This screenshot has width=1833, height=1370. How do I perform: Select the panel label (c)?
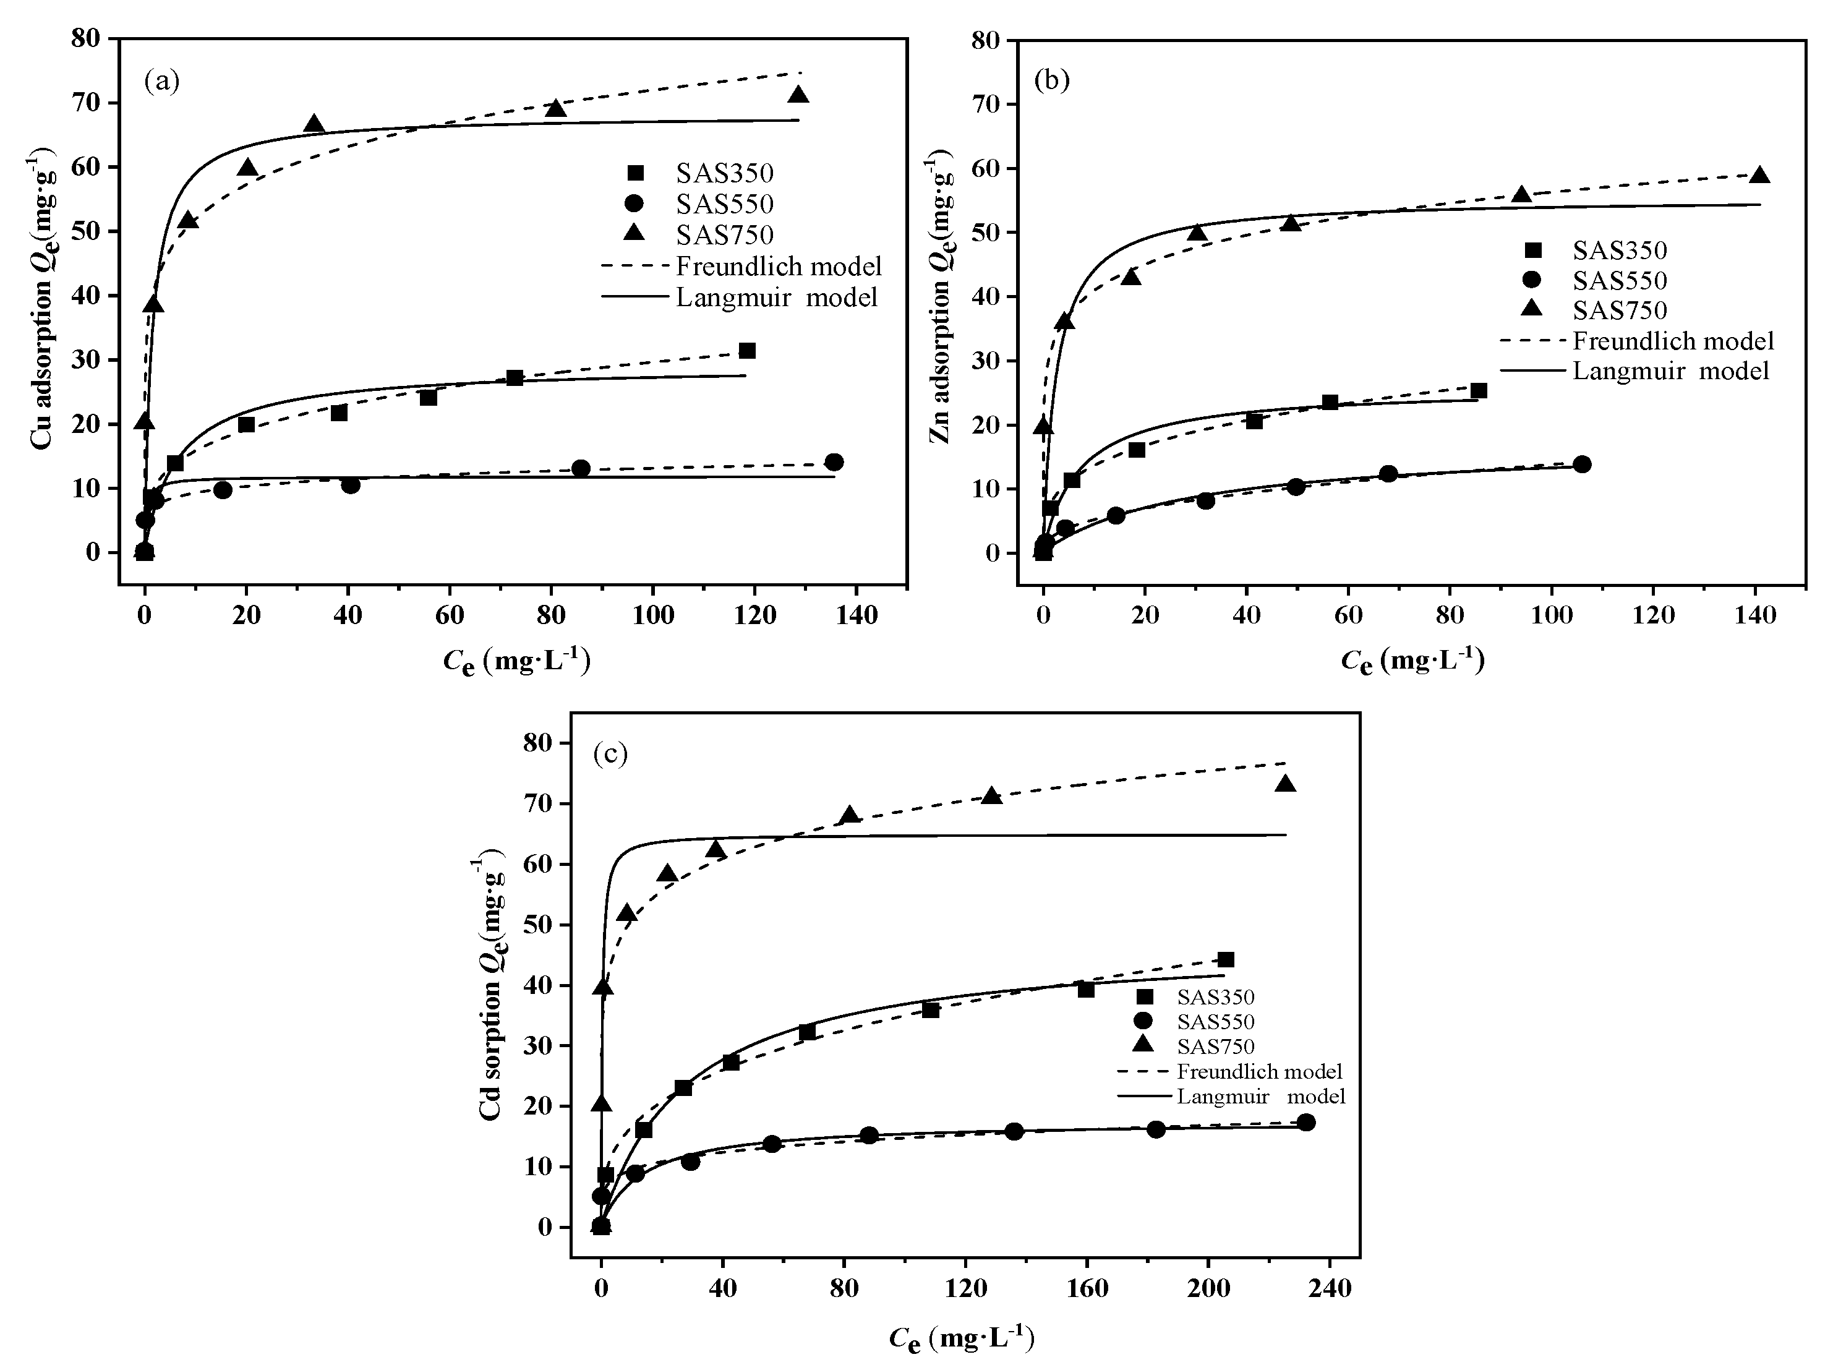click(x=611, y=753)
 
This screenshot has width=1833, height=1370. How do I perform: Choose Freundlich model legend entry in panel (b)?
click(x=1636, y=341)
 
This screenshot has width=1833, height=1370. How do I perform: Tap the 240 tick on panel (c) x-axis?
click(x=1329, y=1289)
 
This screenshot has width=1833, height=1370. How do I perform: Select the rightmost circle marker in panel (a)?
click(x=834, y=461)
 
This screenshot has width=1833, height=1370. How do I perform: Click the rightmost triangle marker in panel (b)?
click(x=1760, y=175)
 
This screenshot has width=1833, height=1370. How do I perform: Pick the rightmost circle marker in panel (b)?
click(x=1581, y=464)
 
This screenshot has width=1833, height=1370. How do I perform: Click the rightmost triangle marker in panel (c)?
click(x=1285, y=783)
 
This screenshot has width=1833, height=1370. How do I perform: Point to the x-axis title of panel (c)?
click(x=961, y=1338)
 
